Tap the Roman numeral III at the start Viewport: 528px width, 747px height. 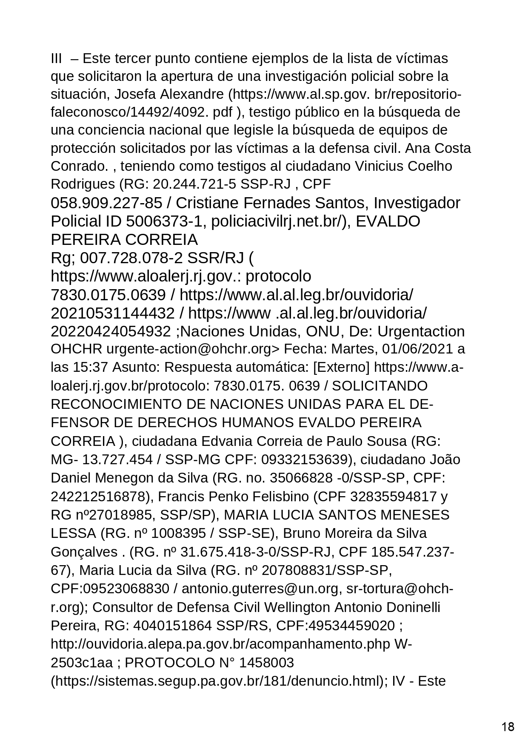(57, 58)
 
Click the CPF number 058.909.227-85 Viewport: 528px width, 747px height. (106, 203)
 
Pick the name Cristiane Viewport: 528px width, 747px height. (211, 203)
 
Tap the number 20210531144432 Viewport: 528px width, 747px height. (112, 313)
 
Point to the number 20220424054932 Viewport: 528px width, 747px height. (112, 332)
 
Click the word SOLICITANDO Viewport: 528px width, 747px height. (380, 386)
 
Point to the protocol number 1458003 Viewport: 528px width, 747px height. (266, 663)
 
